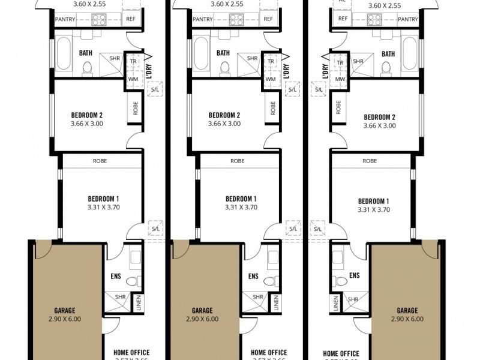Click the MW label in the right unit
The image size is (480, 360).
tap(340, 79)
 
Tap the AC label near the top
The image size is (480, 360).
tap(341, 1)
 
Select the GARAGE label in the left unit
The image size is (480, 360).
tap(65, 311)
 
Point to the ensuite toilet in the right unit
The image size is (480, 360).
tap(341, 280)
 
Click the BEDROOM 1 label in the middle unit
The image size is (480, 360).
tap(241, 199)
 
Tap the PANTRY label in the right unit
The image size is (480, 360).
tap(407, 19)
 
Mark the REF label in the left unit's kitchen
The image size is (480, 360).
tap(131, 19)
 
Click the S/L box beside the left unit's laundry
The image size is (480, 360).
tap(155, 89)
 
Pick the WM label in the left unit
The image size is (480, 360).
tap(133, 79)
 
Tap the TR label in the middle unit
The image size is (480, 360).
tap(271, 61)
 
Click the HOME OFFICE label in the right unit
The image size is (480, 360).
tap(341, 353)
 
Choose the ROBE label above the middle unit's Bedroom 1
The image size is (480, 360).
tap(237, 161)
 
